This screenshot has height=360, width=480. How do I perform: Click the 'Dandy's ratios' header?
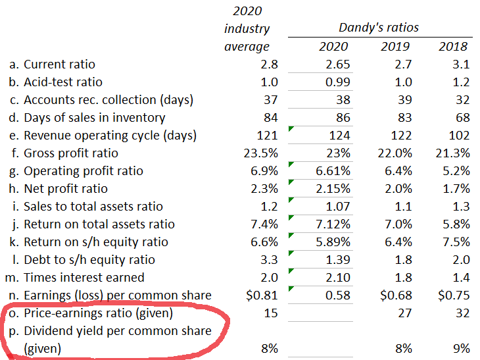coord(378,28)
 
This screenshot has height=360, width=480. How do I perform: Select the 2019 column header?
coord(395,46)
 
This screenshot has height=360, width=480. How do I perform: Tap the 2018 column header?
coord(453,46)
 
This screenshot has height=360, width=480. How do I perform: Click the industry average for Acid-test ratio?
coord(270,82)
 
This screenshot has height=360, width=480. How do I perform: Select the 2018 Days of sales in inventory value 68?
coord(462,118)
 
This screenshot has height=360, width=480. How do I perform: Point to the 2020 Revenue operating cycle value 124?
coord(337,136)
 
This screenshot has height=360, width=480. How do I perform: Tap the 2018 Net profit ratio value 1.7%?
coord(456,189)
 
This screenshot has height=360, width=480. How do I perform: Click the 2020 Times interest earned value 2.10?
coord(336,278)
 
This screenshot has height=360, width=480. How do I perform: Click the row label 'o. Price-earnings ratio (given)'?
coord(91,313)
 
